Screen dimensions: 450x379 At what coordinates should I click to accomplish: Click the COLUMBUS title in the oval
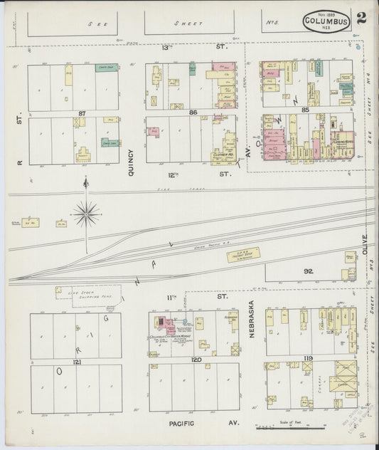pos(326,22)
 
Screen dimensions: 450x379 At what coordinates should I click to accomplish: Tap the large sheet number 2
pos(362,18)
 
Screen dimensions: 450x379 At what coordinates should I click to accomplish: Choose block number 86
pos(192,113)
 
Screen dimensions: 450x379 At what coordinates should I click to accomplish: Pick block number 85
pos(306,110)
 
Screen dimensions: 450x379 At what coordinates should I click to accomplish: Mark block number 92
pos(308,271)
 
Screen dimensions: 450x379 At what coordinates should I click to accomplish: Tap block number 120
pos(196,360)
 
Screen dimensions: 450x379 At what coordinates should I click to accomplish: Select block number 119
pos(309,358)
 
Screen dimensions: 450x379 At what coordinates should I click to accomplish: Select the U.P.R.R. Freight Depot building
pos(243,254)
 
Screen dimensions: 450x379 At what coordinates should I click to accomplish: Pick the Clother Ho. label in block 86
pos(222,154)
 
